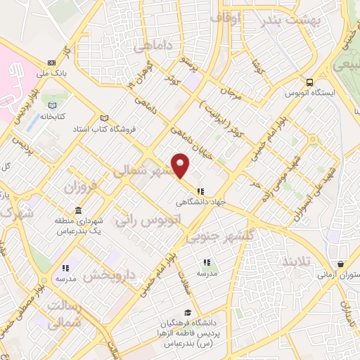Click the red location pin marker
click(181, 165)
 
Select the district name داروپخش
click(115, 275)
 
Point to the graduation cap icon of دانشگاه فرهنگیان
click(188, 313)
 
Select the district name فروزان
click(79, 186)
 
